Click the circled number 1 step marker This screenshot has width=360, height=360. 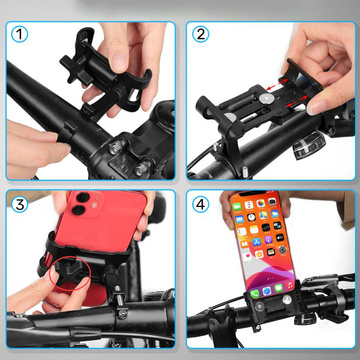click(x=18, y=33)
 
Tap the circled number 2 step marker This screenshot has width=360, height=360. click(x=201, y=33)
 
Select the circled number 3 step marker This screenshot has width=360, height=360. click(x=18, y=205)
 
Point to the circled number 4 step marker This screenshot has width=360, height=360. click(x=201, y=205)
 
